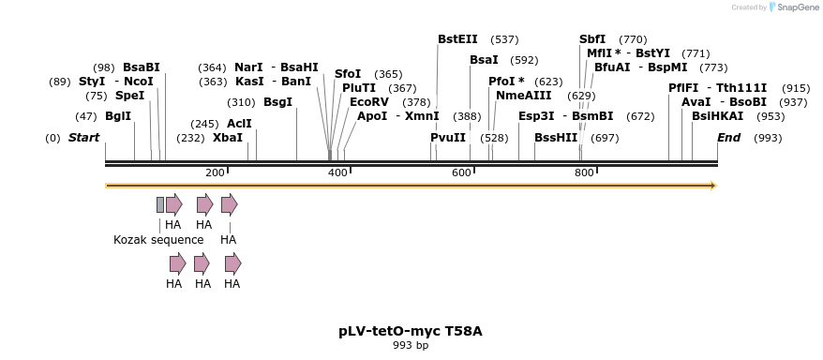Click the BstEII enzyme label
pyautogui.click(x=457, y=39)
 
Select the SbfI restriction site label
pyautogui.click(x=592, y=39)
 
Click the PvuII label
pyautogui.click(x=448, y=138)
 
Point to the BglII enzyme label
pyautogui.click(x=118, y=116)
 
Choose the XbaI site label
pyautogui.click(x=228, y=138)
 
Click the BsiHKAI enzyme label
pyautogui.click(x=717, y=116)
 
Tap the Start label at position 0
pyautogui.click(x=83, y=138)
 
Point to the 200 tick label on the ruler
pyautogui.click(x=215, y=172)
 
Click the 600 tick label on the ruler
pyautogui.click(x=461, y=172)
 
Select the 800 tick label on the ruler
pyautogui.click(x=584, y=172)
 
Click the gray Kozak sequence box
pyautogui.click(x=160, y=204)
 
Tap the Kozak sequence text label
pyautogui.click(x=158, y=240)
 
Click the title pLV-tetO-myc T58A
pyautogui.click(x=411, y=331)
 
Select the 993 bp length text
pyautogui.click(x=411, y=346)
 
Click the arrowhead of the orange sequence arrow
pyautogui.click(x=713, y=186)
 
